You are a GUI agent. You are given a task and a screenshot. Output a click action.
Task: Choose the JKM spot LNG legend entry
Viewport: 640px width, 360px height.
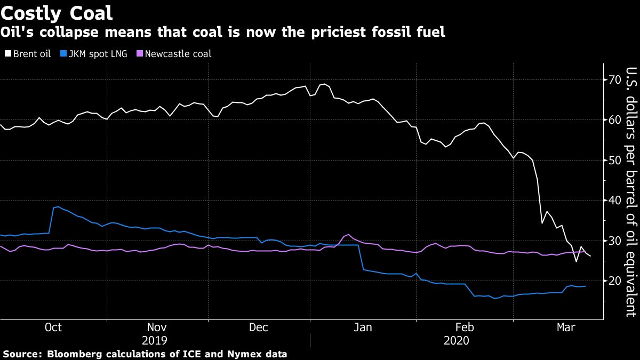(x=94, y=53)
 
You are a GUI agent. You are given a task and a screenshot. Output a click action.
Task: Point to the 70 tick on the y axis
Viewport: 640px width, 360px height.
(x=617, y=80)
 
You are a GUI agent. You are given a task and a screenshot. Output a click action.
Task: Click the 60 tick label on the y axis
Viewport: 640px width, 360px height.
(x=617, y=120)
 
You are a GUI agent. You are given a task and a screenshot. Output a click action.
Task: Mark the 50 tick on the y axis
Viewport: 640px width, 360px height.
(x=617, y=160)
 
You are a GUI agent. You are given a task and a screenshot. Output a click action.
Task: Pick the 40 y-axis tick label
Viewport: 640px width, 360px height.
(x=617, y=200)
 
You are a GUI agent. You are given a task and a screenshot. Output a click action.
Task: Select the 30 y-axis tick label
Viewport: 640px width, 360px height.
(x=617, y=241)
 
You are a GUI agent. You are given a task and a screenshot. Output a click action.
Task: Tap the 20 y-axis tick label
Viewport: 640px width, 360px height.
(x=617, y=281)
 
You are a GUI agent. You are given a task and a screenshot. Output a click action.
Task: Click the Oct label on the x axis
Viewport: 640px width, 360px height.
(x=53, y=327)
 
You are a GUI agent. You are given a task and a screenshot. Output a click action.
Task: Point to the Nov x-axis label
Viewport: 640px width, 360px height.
(x=156, y=327)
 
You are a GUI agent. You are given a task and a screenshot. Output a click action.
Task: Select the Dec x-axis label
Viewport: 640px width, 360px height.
(x=259, y=327)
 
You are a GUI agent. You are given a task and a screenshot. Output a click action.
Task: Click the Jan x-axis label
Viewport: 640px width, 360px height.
(x=363, y=327)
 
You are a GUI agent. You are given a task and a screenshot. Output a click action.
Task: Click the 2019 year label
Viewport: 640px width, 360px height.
(x=155, y=341)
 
